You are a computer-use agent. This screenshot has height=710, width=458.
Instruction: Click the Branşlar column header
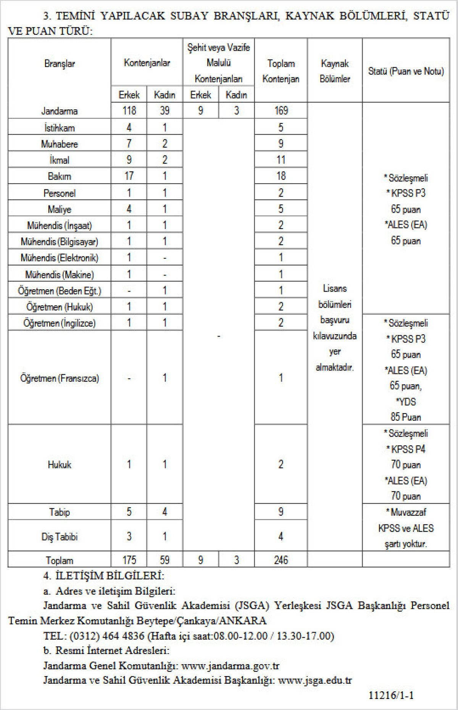(x=60, y=64)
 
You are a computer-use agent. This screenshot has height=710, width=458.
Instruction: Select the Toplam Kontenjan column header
(x=281, y=71)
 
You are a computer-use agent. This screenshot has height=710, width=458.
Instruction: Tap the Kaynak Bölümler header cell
(x=335, y=71)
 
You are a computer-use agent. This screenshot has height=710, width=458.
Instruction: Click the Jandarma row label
(x=60, y=111)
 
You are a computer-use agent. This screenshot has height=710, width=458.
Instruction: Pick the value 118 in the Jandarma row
(x=129, y=111)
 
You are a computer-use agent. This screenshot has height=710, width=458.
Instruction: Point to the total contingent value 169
(x=281, y=111)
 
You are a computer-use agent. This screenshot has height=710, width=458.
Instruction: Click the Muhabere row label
(x=60, y=144)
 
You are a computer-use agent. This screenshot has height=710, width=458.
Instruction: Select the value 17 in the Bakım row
(x=129, y=176)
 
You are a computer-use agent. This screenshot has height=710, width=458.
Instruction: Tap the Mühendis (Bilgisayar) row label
(x=60, y=242)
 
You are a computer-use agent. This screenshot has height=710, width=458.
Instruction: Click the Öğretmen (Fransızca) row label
(x=60, y=378)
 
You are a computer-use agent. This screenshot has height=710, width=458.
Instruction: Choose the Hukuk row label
(x=60, y=465)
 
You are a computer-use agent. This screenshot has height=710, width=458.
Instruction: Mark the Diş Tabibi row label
(x=60, y=537)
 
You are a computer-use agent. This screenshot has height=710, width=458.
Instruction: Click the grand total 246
(x=281, y=560)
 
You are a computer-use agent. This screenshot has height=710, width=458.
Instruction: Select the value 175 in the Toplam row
(x=129, y=560)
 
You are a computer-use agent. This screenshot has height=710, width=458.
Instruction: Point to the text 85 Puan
(x=405, y=417)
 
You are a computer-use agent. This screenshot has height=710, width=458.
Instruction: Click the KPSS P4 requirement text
(x=406, y=449)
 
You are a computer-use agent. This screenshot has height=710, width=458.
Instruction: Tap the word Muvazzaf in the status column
(x=408, y=512)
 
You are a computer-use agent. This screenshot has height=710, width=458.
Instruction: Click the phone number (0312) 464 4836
(x=107, y=636)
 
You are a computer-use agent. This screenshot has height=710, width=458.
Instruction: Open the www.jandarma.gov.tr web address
(x=231, y=666)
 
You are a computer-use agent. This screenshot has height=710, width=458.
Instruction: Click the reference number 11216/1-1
(x=391, y=695)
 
